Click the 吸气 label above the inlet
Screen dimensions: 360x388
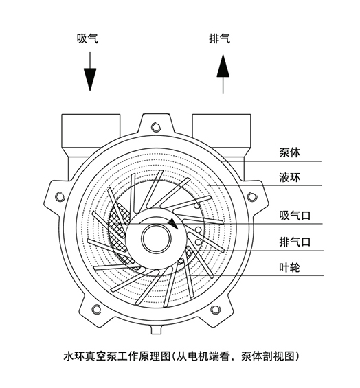[87, 38]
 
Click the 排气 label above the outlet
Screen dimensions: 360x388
[220, 38]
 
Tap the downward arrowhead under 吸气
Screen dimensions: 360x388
[89, 80]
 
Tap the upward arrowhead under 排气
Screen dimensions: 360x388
[223, 65]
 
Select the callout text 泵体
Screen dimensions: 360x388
[290, 152]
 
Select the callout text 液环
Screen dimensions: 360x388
[290, 177]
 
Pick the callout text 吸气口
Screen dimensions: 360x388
[295, 216]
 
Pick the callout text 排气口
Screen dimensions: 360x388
[295, 242]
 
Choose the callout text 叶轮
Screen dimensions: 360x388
[290, 268]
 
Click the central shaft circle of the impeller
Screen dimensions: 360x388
[156, 238]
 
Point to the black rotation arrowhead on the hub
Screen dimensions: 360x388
[173, 224]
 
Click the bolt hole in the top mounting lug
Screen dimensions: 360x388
[156, 127]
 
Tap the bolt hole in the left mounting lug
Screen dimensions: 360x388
[59, 196]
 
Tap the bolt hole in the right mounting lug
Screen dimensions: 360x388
[251, 196]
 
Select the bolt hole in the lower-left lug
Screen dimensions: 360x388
[96, 308]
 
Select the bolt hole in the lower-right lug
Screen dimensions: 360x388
[215, 309]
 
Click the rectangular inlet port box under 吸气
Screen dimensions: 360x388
[91, 131]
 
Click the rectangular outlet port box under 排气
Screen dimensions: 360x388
[222, 131]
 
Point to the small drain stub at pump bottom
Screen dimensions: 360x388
[157, 330]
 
